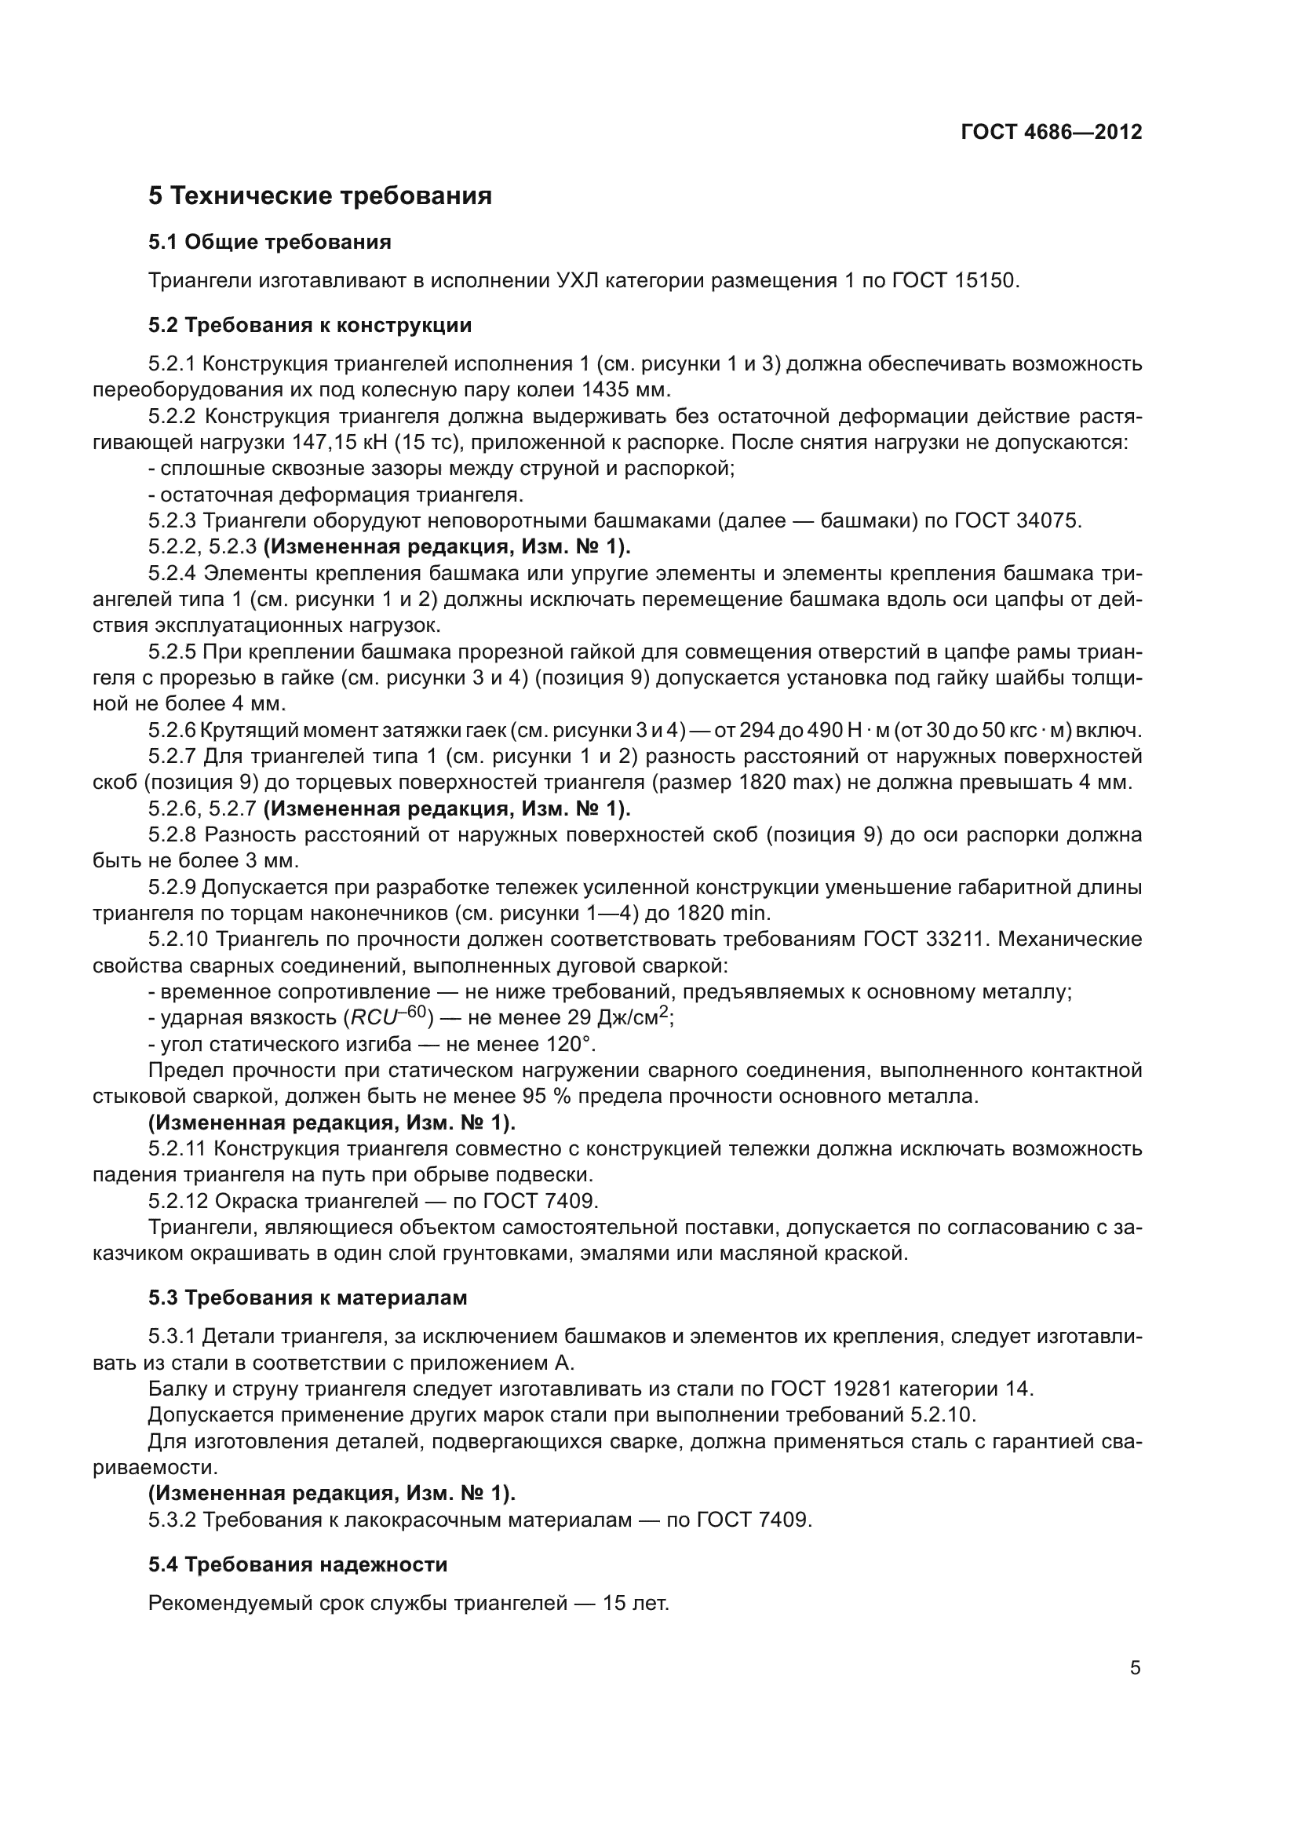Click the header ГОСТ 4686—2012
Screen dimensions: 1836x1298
pos(1050,132)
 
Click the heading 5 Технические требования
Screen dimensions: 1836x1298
pos(319,196)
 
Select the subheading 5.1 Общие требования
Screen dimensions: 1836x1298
pos(269,242)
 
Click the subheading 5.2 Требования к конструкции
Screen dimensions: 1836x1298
pos(309,326)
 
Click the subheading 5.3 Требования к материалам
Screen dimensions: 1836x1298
pos(307,1298)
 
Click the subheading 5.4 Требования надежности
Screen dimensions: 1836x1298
pos(297,1565)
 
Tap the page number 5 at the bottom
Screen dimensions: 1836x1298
pos(1135,1668)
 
